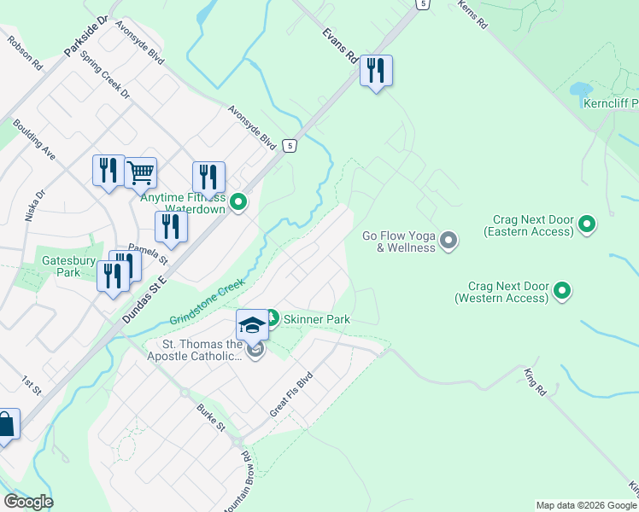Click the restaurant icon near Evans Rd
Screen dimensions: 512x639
point(376,71)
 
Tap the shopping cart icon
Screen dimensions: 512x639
point(141,173)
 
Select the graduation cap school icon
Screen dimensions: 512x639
point(252,325)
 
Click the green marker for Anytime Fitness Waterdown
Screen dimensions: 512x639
point(239,202)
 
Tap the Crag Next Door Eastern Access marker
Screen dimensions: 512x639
point(587,225)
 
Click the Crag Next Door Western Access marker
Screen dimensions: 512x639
point(562,292)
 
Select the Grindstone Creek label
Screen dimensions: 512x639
point(207,302)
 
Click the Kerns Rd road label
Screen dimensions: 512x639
point(472,15)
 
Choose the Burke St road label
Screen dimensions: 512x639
point(210,417)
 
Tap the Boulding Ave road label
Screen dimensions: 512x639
point(34,140)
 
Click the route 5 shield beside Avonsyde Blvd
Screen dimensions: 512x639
point(290,146)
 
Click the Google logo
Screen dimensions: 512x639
point(28,502)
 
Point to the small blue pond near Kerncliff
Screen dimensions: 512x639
point(579,90)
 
